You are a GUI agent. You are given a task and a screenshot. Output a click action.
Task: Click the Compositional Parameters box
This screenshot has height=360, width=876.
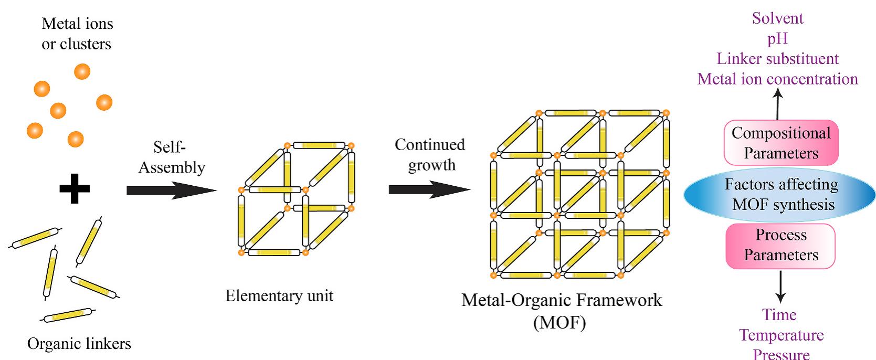click(x=781, y=143)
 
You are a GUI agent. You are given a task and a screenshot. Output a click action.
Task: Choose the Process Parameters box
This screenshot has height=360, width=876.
click(x=780, y=246)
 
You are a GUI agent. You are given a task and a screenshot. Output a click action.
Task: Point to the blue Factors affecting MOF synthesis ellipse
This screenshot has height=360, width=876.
click(x=780, y=195)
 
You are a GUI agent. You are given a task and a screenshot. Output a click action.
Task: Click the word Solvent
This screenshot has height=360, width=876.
click(x=777, y=18)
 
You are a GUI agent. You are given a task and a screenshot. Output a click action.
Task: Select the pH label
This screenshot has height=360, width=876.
click(x=777, y=39)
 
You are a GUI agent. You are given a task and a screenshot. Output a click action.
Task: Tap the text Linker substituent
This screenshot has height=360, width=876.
click(x=777, y=59)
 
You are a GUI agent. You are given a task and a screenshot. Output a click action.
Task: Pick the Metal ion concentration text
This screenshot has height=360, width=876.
click(x=777, y=79)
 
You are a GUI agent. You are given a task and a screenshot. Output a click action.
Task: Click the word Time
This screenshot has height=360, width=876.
click(x=779, y=315)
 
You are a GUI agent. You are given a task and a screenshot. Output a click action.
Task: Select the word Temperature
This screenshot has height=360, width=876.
click(x=781, y=335)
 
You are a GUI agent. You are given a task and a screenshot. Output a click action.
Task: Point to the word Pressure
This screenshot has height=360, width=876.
click(x=781, y=354)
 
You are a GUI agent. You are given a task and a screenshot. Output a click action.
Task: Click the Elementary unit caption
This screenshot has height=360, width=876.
click(x=279, y=295)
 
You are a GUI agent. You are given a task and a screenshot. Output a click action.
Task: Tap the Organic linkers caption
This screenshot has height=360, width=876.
click(x=79, y=344)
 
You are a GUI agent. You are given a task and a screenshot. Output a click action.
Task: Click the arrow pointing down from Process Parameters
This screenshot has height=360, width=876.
click(x=780, y=287)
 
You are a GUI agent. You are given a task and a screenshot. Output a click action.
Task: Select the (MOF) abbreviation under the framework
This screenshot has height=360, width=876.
click(x=560, y=322)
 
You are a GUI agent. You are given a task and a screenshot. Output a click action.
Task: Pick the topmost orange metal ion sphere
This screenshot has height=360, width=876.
click(x=82, y=71)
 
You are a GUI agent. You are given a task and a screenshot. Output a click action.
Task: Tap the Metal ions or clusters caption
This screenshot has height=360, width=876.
click(x=77, y=34)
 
